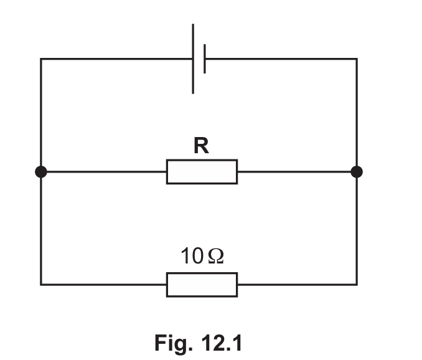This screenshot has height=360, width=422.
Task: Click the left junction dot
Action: coord(41,172)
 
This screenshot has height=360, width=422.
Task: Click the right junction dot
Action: coord(357,172)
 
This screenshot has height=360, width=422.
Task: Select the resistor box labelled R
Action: coord(202,172)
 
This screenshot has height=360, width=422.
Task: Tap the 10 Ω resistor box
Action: coord(202,285)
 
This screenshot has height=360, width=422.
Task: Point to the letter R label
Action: coord(201,145)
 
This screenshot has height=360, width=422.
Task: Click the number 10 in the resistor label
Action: coord(192,256)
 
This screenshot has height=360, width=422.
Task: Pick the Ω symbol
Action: coord(216,256)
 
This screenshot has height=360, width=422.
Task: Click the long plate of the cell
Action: coord(193,59)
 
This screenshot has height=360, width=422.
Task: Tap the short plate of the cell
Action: coord(205,59)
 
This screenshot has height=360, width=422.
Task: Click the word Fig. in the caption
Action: coord(174,343)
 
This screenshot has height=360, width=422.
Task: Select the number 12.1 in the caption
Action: coord(222,343)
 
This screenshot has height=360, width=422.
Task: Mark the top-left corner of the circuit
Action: coord(41,59)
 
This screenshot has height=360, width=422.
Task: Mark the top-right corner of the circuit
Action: coord(357,59)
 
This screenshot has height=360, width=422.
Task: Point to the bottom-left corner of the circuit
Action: coord(41,285)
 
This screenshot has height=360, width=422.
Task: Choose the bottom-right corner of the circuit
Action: coord(357,285)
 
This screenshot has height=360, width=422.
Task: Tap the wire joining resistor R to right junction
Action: coord(294,172)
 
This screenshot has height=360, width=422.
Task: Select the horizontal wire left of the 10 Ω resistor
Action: coord(103,285)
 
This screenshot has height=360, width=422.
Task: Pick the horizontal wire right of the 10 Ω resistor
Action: coord(298,285)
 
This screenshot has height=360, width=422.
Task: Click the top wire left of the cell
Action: coord(116,59)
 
